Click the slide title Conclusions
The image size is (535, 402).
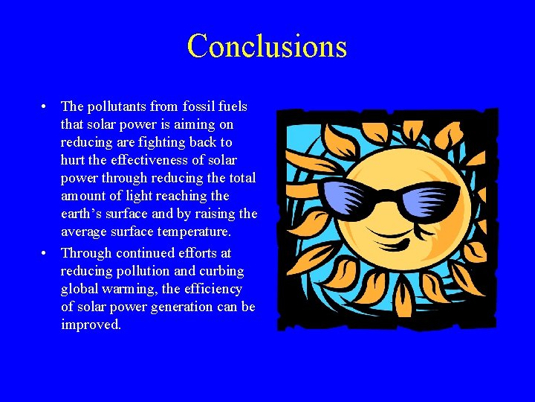tap(267, 46)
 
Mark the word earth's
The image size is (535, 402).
tap(83, 214)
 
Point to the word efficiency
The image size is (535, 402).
tap(213, 289)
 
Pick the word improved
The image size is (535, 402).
tap(90, 325)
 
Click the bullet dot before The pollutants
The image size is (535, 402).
tap(46, 106)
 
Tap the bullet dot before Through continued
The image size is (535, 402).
tap(46, 253)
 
